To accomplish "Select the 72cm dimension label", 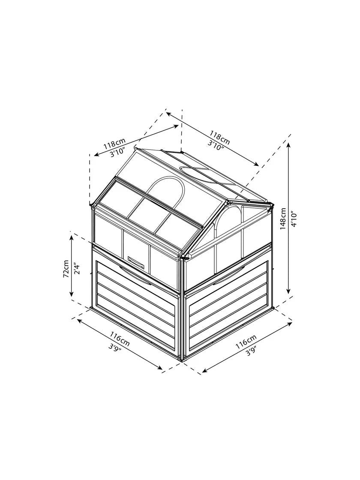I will tap(66, 268).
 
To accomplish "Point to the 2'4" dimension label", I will tap(76, 268).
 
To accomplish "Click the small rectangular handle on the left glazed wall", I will tap(137, 260).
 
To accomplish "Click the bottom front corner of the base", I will tap(183, 361).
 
